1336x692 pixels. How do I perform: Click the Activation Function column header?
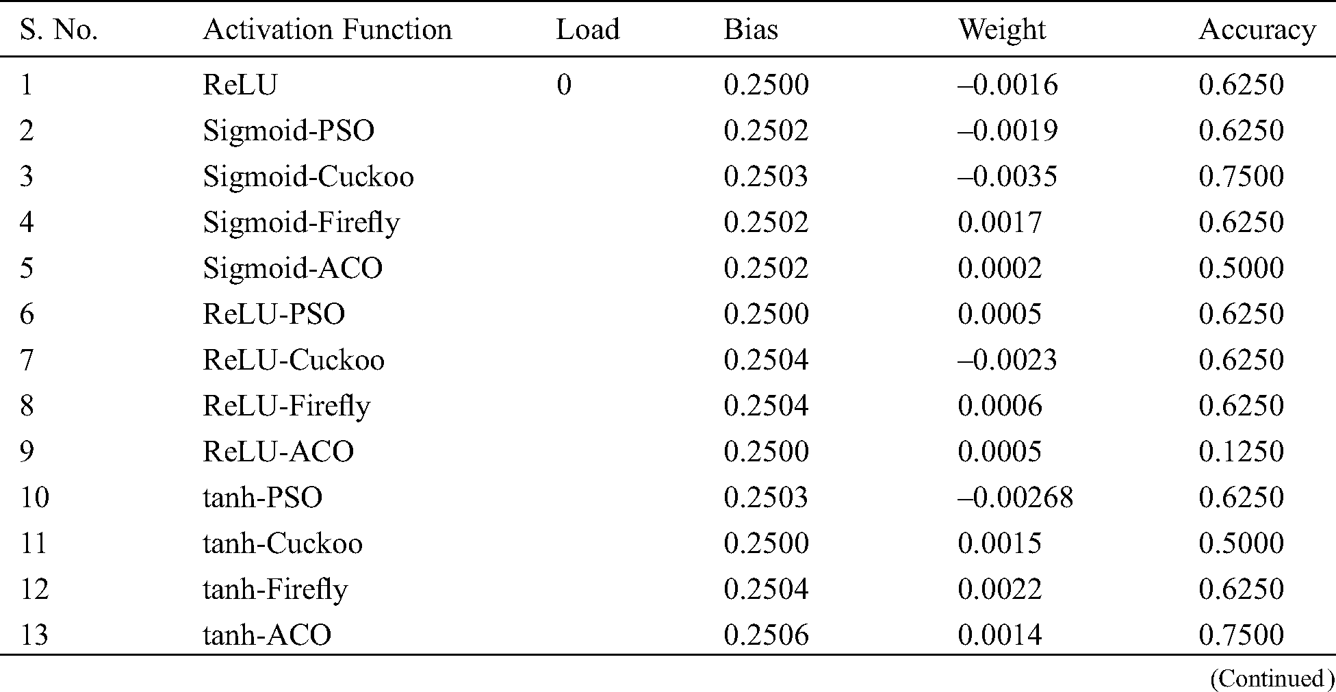coord(327,30)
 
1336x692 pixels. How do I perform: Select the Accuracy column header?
coord(1257,30)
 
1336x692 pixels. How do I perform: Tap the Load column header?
coord(587,30)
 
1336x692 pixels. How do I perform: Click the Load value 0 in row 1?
coord(563,85)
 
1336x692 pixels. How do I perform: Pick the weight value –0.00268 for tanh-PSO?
coord(1015,498)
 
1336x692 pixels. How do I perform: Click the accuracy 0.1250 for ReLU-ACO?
coord(1241,452)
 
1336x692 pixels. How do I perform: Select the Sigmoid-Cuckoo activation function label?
coord(308,177)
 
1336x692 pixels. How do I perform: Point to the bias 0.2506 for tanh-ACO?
coord(766,635)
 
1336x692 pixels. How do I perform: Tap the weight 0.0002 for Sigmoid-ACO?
coord(999,268)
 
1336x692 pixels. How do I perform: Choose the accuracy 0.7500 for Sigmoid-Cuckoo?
coord(1241,177)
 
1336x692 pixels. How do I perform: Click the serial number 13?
coord(34,635)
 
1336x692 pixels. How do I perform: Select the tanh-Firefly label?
coord(275,589)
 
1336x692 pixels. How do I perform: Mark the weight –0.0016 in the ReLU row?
coord(1007,85)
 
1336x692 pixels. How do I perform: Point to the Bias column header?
coord(751,30)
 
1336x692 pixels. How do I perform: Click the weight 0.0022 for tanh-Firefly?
coord(999,589)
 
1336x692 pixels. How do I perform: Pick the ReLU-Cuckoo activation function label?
coord(293,360)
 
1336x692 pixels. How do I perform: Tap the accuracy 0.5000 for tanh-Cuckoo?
coord(1241,543)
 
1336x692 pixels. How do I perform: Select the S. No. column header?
coord(59,30)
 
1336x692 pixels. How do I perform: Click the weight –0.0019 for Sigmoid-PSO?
coord(1007,131)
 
